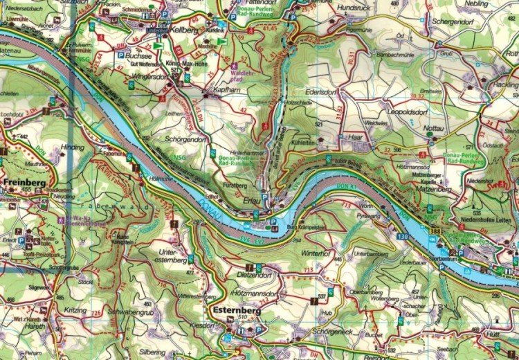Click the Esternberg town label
pos(237,311)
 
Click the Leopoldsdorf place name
pos(411,111)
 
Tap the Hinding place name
pos(73,147)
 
